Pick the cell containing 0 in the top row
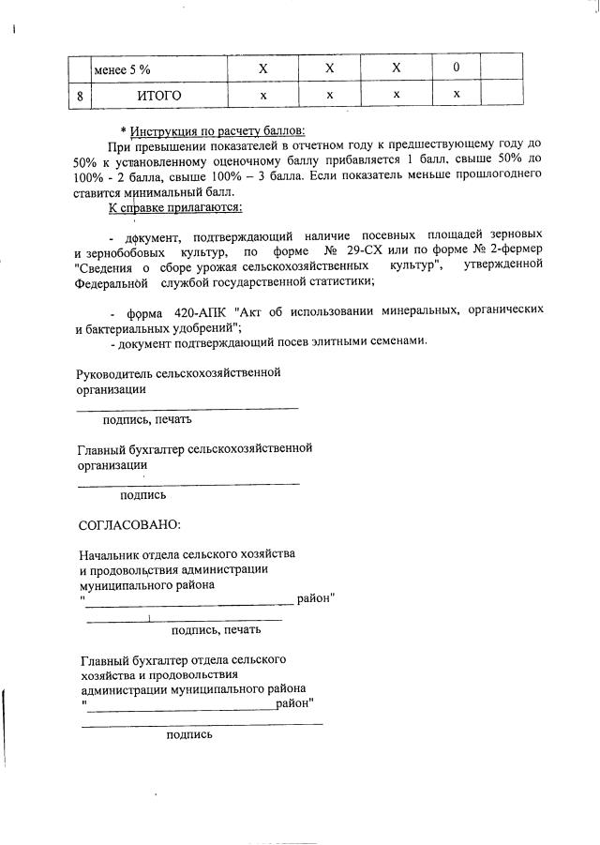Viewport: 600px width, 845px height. coord(456,68)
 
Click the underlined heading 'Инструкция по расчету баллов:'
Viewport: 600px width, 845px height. coord(217,130)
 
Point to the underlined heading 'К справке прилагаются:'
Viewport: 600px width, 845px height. coord(176,205)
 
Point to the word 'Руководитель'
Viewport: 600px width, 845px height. coord(115,373)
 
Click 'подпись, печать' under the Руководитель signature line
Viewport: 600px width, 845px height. coord(147,419)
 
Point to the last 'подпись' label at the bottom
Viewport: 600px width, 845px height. coord(188,734)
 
